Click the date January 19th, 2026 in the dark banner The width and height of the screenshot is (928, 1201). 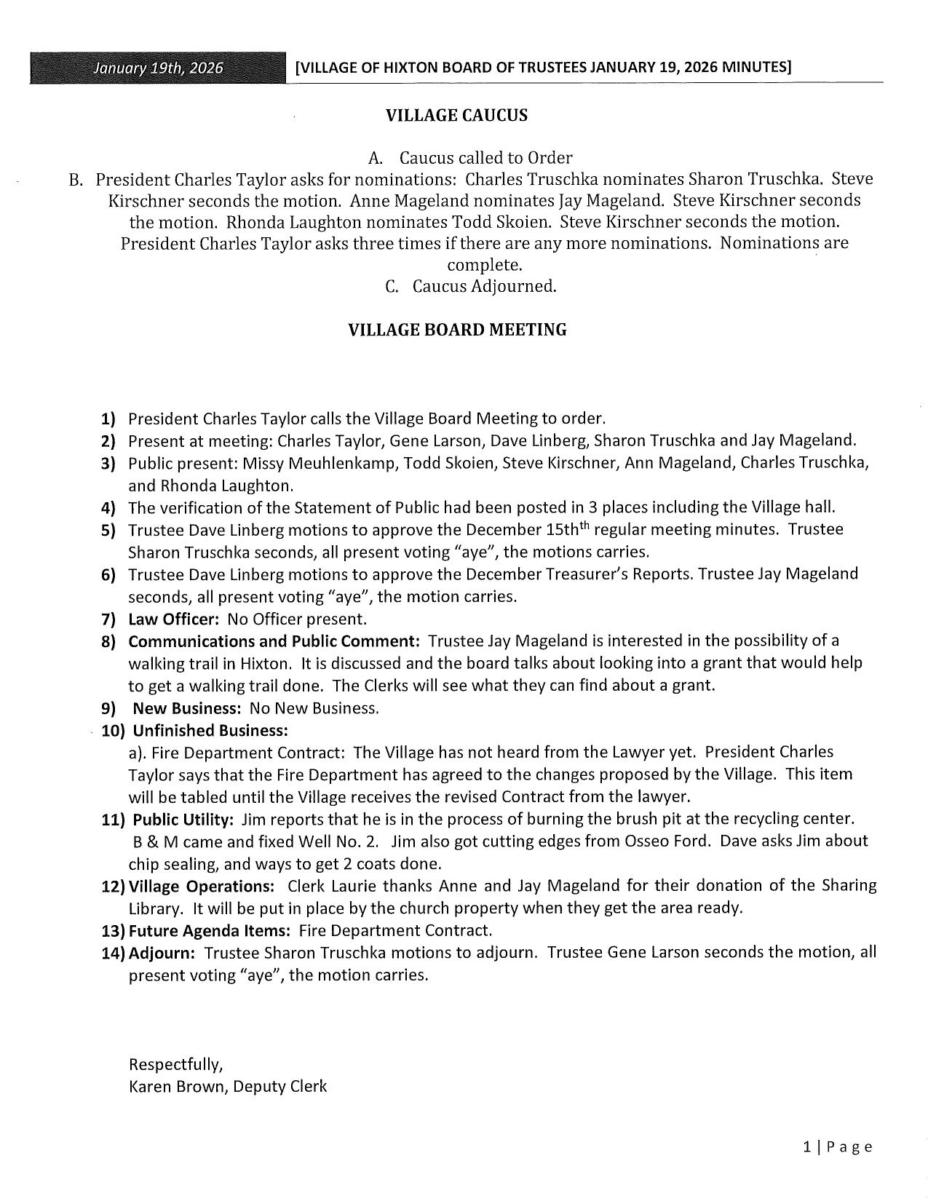[x=158, y=68]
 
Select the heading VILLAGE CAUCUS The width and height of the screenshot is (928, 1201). [x=456, y=116]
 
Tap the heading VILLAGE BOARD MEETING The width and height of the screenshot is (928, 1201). [x=457, y=330]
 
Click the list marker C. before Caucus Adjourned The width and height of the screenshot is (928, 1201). [x=392, y=287]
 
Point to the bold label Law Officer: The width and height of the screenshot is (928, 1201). [x=174, y=619]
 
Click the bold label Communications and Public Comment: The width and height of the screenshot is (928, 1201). [x=274, y=641]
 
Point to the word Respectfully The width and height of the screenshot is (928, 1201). [x=175, y=1065]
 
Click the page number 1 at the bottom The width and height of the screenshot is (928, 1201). [x=807, y=1148]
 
